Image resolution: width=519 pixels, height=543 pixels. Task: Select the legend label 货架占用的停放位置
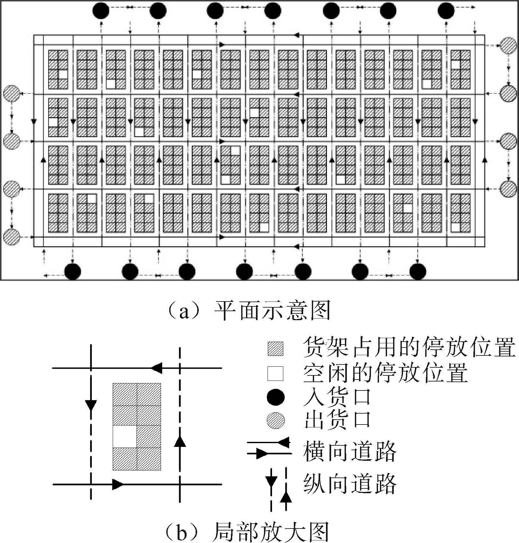(x=409, y=347)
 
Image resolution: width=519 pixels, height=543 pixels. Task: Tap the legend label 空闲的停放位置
(x=385, y=373)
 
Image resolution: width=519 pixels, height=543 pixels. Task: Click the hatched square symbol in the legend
(x=276, y=349)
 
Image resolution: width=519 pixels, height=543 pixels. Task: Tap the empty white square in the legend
(x=276, y=373)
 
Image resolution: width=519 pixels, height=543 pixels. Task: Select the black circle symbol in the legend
(x=276, y=397)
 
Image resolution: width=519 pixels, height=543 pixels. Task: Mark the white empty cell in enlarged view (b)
(x=125, y=436)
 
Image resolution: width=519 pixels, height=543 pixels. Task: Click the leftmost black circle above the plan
(x=101, y=11)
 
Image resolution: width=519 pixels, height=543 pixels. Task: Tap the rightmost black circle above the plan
(x=446, y=11)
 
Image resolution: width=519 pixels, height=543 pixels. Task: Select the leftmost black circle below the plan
(x=73, y=272)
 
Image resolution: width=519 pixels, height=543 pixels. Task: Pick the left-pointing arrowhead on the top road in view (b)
(x=156, y=368)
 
